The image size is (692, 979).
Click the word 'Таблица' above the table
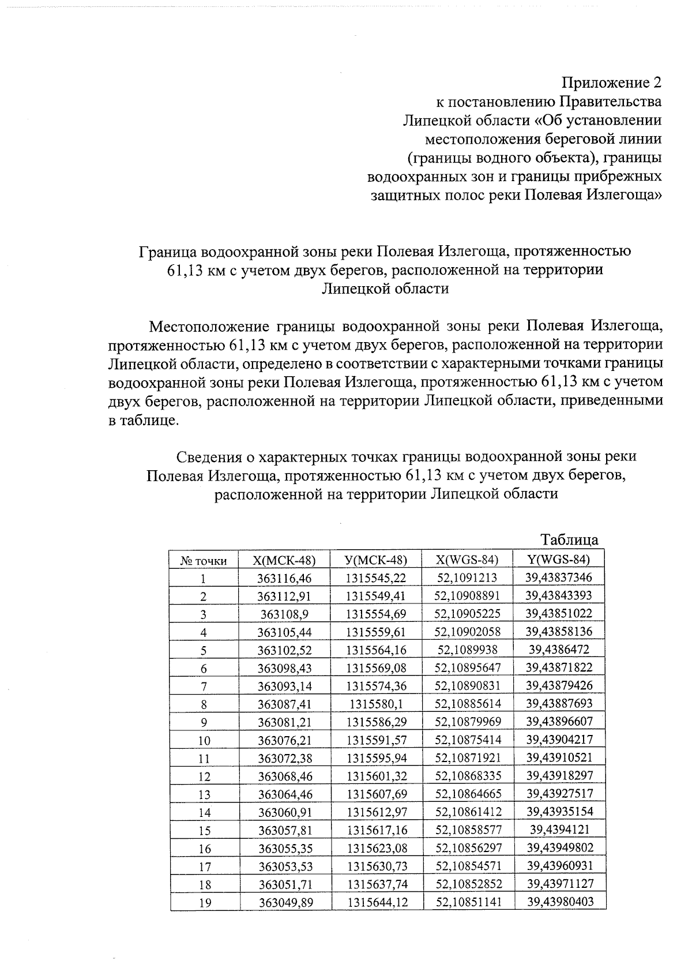[x=569, y=540]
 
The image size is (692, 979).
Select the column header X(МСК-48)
[x=284, y=560]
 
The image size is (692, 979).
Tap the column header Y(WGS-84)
[x=559, y=559]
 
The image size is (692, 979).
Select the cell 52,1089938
[x=467, y=650]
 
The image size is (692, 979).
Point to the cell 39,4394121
[x=559, y=830]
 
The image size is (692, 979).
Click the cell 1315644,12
[x=377, y=903]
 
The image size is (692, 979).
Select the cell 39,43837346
[x=559, y=577]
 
